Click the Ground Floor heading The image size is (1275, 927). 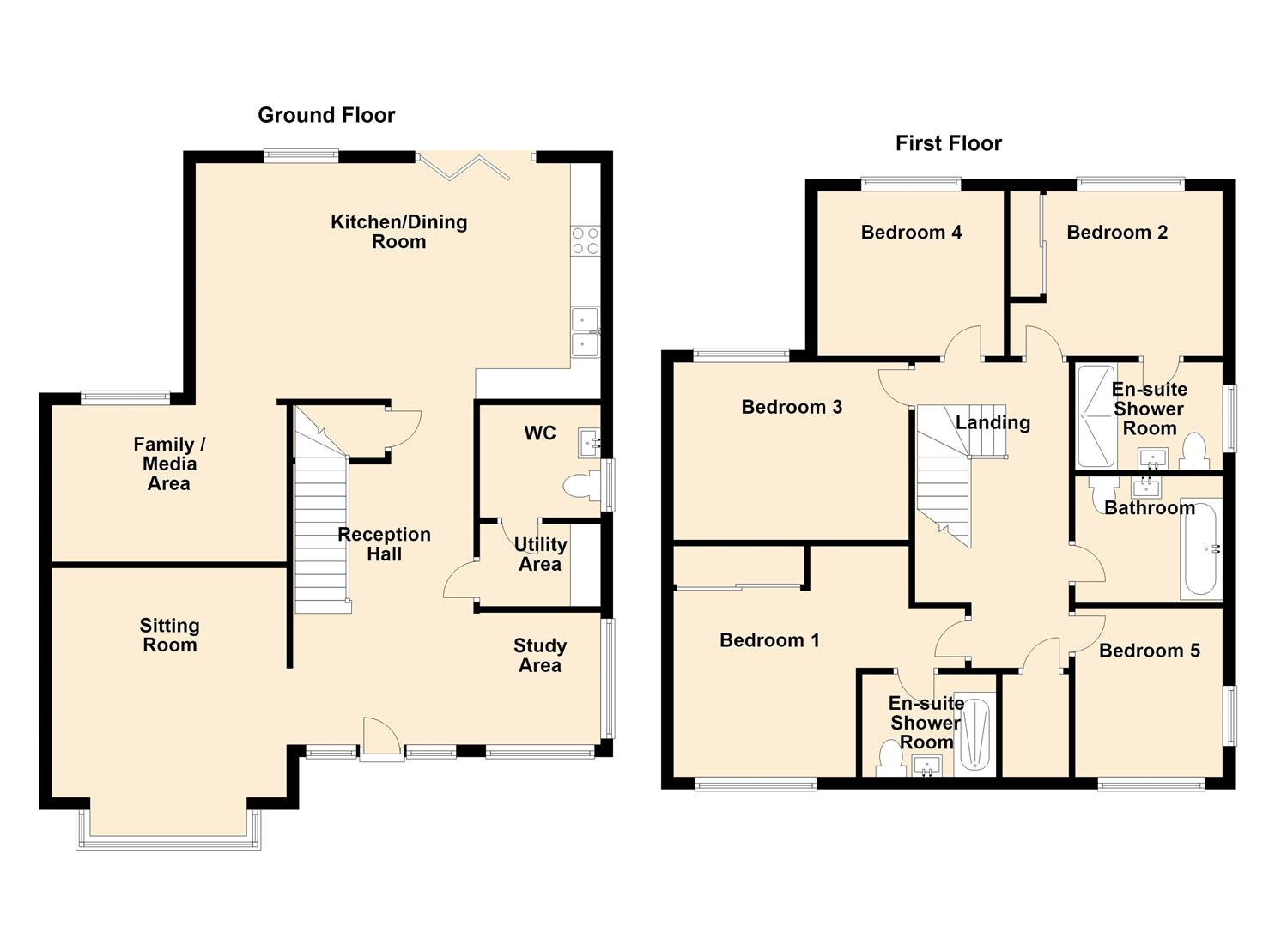[x=326, y=116]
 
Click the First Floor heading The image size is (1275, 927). [x=948, y=143]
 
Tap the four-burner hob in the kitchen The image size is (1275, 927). [x=586, y=240]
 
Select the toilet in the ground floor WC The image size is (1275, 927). [x=582, y=487]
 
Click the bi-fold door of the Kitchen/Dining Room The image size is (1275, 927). [x=462, y=167]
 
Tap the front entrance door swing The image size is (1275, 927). [x=381, y=738]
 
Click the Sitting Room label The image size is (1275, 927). [x=170, y=635]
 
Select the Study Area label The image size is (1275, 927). [x=539, y=655]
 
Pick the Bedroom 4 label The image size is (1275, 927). [x=911, y=232]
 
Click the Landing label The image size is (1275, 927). [x=993, y=422]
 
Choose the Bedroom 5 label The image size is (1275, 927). [x=1149, y=651]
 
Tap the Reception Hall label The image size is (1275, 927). [x=384, y=544]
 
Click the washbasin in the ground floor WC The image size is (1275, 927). [x=589, y=443]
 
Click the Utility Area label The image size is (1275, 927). [x=540, y=554]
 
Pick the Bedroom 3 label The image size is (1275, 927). [x=792, y=407]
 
